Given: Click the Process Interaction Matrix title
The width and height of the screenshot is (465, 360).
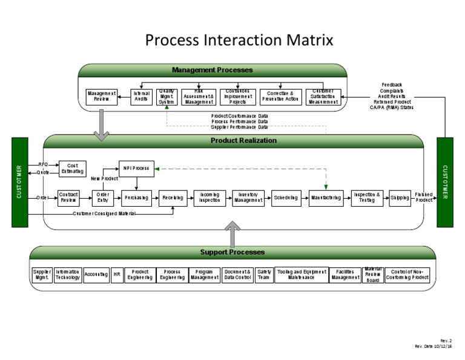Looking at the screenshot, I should pyautogui.click(x=239, y=41).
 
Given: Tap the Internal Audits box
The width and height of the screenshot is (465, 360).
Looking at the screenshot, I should pyautogui.click(x=141, y=97).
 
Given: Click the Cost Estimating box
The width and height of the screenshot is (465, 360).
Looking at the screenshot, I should pyautogui.click(x=73, y=168).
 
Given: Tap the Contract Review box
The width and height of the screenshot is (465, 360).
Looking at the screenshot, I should pyautogui.click(x=68, y=198).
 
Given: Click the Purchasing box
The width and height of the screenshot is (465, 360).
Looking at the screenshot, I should pyautogui.click(x=136, y=198).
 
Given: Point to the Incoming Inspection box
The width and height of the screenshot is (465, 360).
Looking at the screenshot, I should pyautogui.click(x=209, y=198).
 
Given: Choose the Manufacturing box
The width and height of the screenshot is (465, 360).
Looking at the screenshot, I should pyautogui.click(x=326, y=198).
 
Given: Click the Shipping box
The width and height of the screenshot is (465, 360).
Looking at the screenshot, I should pyautogui.click(x=400, y=198).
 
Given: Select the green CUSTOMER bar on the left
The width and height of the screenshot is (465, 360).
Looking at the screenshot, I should pyautogui.click(x=20, y=182).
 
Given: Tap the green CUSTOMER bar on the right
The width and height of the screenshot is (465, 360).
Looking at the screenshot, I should pyautogui.click(x=444, y=182).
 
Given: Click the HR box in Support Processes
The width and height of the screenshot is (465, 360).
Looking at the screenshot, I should pyautogui.click(x=117, y=275).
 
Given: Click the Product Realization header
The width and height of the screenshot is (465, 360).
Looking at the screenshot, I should pyautogui.click(x=243, y=141).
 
